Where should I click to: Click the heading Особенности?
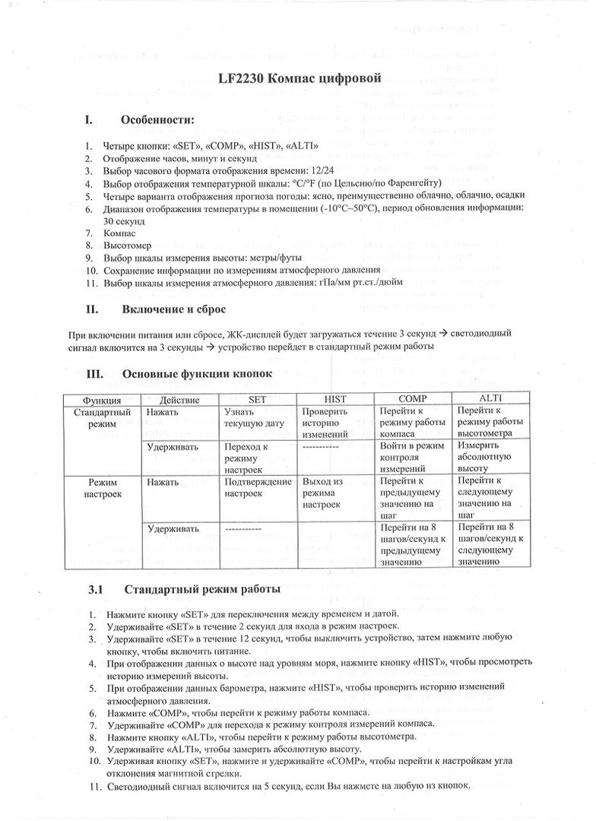coord(157,120)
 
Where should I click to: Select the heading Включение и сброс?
coord(173,309)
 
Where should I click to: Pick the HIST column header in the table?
coord(335,399)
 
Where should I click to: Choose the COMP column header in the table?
coord(413,399)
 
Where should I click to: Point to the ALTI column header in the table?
coord(490,399)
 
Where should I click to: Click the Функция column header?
coord(101,400)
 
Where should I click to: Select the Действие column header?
coord(180,400)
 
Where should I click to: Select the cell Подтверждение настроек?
coord(258,487)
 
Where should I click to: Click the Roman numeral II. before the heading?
coord(90,309)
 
